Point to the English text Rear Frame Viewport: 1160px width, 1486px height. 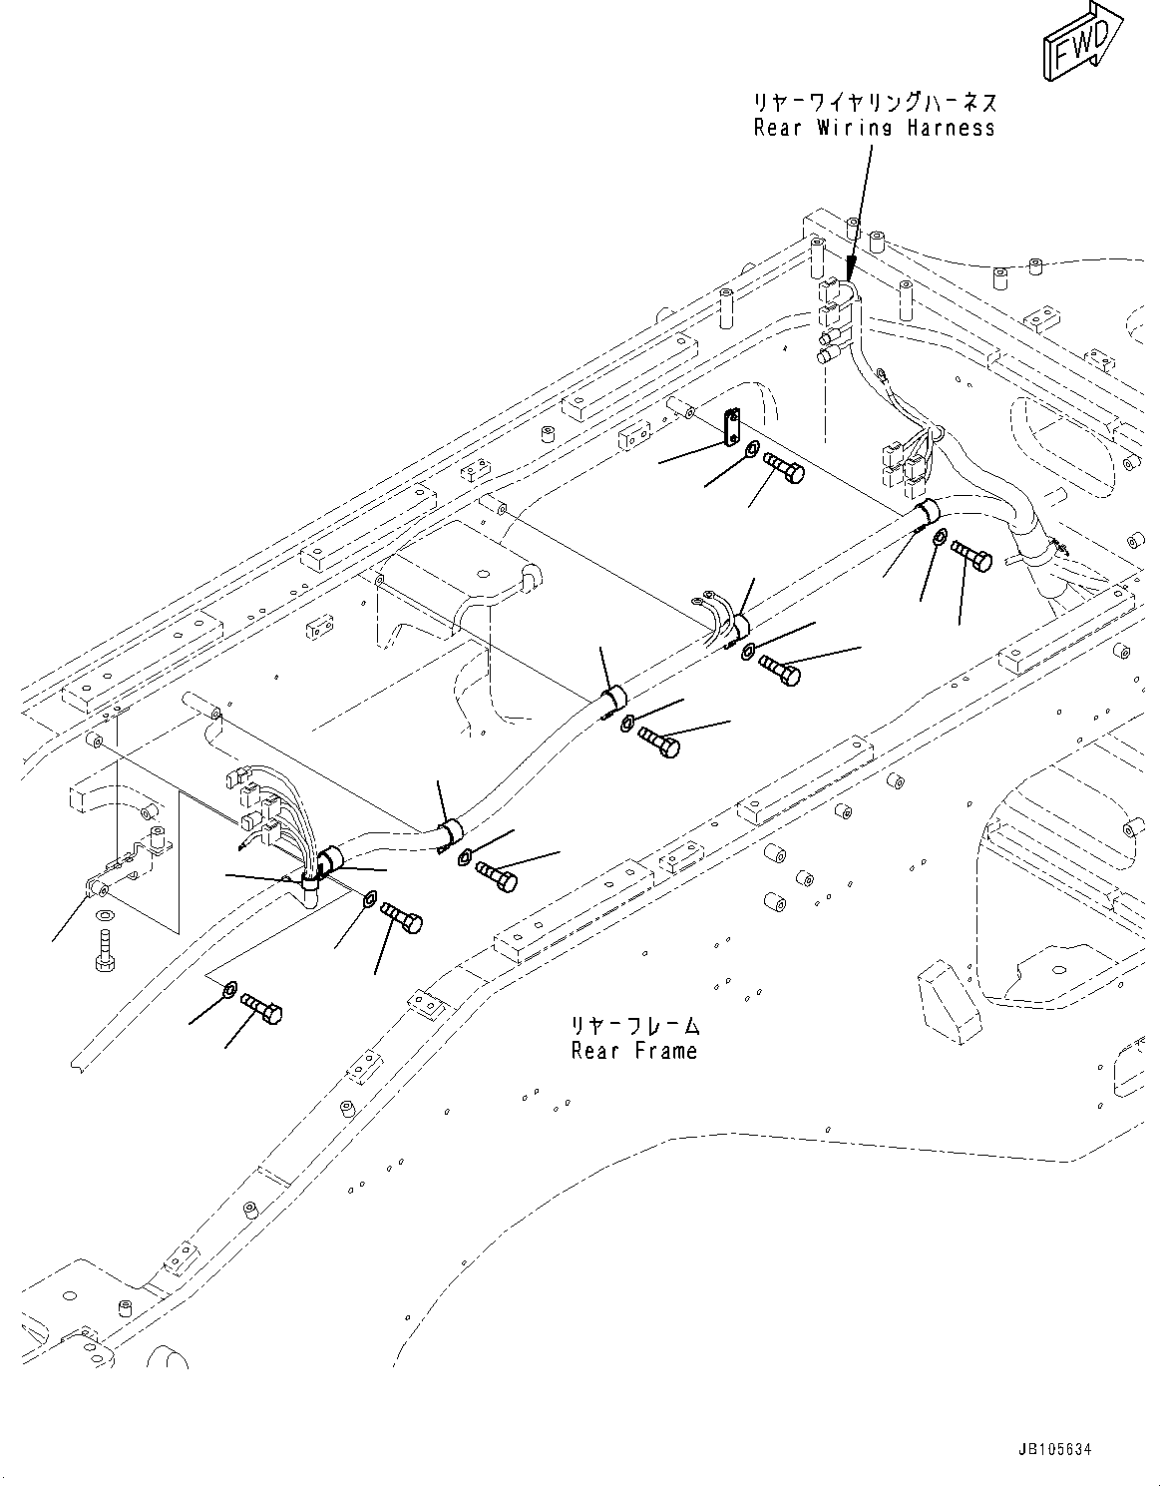[x=633, y=1051]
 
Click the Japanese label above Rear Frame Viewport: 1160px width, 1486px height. [x=633, y=1026]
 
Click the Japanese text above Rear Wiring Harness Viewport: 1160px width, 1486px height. [x=875, y=103]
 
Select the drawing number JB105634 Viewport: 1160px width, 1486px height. [x=1070, y=1447]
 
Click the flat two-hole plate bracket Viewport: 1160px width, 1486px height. [x=731, y=424]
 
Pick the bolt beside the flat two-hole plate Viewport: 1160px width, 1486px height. [x=784, y=466]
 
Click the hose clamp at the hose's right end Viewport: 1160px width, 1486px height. [x=927, y=512]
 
